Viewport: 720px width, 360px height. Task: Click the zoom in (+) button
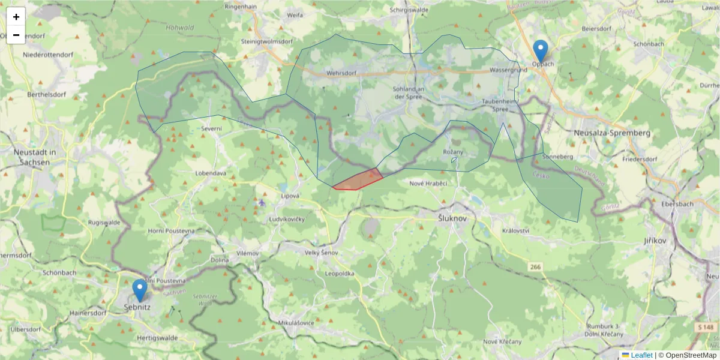(16, 17)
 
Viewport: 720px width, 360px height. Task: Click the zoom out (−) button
(16, 35)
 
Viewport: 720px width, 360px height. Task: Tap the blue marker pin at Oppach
(541, 50)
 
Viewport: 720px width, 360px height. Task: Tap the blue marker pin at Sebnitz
(140, 290)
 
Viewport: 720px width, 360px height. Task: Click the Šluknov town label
(452, 219)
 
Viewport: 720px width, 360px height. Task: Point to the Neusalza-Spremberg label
(612, 133)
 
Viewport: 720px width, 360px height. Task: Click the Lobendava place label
(211, 173)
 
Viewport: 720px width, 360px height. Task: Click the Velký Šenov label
(322, 253)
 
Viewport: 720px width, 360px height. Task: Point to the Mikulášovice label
(296, 323)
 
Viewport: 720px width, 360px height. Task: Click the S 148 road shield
(707, 327)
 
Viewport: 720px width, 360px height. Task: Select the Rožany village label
(453, 152)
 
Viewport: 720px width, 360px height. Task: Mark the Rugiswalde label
(104, 222)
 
